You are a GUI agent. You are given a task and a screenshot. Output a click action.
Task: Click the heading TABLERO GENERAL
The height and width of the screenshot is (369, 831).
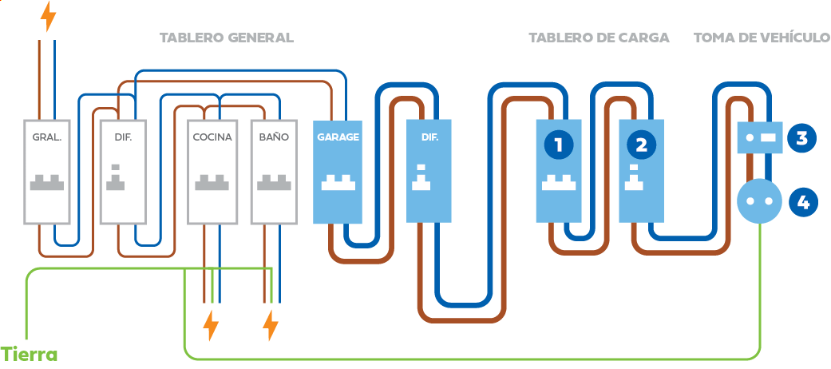226,38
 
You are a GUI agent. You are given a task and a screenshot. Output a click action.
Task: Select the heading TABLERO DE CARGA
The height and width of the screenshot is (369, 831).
599,38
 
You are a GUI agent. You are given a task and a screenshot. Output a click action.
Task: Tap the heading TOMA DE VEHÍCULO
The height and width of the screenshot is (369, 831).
762,38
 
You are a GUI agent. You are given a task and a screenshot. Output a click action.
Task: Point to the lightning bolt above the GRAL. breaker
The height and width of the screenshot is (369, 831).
49,16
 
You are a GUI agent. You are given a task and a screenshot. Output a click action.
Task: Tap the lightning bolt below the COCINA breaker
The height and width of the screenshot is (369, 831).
211,326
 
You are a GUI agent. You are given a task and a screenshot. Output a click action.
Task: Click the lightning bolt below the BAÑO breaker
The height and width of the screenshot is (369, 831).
271,326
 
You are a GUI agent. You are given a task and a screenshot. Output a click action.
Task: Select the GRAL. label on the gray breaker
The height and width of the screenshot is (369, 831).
47,137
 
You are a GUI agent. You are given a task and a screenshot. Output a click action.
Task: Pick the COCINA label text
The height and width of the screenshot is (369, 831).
212,137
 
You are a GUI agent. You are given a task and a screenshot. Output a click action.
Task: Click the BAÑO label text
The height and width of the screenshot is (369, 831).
274,137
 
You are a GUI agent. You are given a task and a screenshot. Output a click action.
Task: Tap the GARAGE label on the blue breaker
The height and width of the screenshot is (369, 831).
338,137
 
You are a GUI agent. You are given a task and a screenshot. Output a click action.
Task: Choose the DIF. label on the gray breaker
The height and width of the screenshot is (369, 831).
117,137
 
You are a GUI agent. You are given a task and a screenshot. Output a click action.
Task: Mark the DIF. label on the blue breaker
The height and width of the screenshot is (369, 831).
429,137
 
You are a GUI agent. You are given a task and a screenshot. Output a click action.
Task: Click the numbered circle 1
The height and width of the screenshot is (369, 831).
559,145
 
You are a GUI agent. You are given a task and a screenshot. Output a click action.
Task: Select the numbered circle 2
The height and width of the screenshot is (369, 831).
641,145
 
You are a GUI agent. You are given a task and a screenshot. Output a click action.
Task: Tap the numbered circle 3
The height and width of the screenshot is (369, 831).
802,137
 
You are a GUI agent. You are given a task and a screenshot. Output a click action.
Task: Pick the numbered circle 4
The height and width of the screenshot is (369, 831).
802,202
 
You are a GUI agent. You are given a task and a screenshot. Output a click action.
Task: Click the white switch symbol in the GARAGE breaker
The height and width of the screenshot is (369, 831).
338,183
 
